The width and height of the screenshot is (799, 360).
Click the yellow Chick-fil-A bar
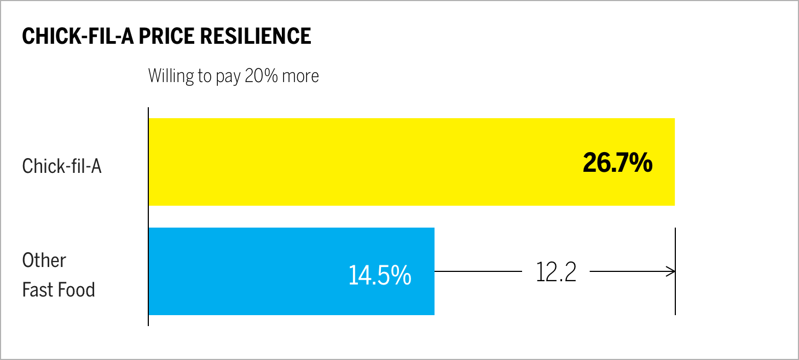pyautogui.click(x=356, y=162)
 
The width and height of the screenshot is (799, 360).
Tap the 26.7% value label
pyautogui.click(x=617, y=162)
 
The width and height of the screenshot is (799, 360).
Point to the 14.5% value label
pyautogui.click(x=379, y=275)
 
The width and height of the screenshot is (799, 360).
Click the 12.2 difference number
pyautogui.click(x=555, y=272)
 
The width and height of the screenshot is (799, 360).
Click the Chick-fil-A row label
pyautogui.click(x=62, y=166)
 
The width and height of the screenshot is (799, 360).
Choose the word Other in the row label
pyautogui.click(x=44, y=260)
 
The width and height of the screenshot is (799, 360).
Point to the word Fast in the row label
pyautogui.click(x=37, y=289)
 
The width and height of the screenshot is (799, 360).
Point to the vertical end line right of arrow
pyautogui.click(x=675, y=295)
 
